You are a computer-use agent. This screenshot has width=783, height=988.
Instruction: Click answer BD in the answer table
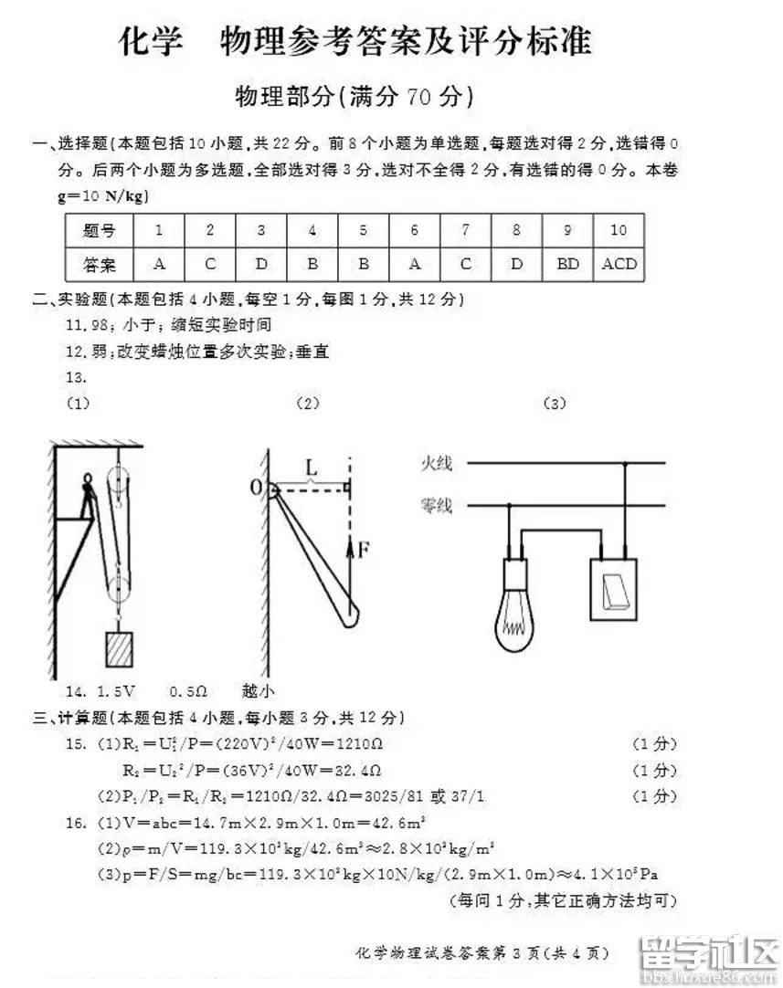pyautogui.click(x=567, y=265)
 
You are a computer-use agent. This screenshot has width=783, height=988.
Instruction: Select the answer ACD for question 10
pyautogui.click(x=619, y=265)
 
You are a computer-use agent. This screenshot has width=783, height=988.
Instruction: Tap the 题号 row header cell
pyautogui.click(x=99, y=230)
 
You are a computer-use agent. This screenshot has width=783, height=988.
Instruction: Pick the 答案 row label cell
pyautogui.click(x=99, y=265)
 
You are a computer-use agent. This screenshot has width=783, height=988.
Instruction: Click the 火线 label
pyautogui.click(x=436, y=464)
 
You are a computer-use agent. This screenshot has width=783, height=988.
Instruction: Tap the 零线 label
pyautogui.click(x=436, y=505)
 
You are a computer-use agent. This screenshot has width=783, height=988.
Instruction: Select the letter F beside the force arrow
pyautogui.click(x=364, y=549)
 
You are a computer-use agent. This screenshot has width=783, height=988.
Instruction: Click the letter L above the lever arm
pyautogui.click(x=311, y=468)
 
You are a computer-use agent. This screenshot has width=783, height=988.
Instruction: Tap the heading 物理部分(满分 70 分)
pyautogui.click(x=354, y=96)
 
